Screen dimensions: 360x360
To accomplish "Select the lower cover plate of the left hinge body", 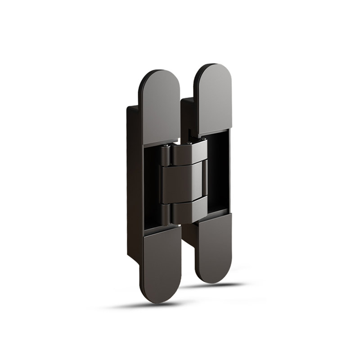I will tap(162, 265).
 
